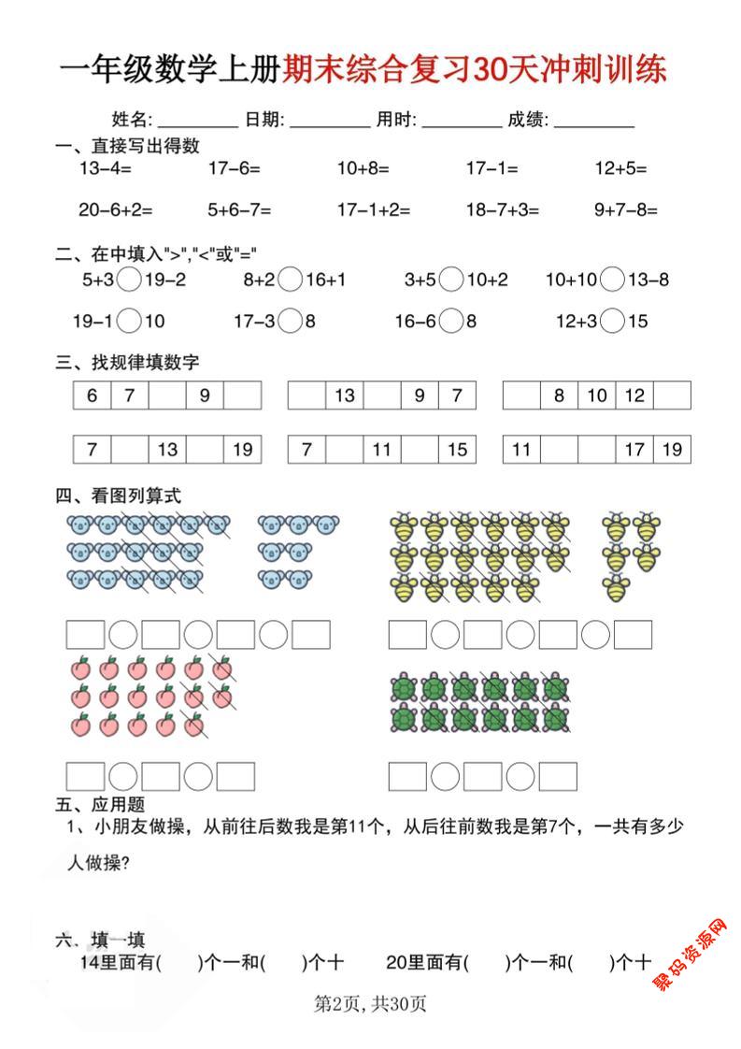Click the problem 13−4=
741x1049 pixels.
click(x=105, y=168)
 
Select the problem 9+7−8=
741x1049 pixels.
click(x=625, y=210)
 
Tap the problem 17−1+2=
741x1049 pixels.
click(x=373, y=210)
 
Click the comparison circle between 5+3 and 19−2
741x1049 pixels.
click(x=131, y=279)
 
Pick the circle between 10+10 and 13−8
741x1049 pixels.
click(x=613, y=279)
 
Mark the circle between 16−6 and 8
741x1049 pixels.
click(x=452, y=321)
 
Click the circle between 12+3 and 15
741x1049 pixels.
click(x=613, y=321)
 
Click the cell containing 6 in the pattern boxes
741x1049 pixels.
click(x=93, y=395)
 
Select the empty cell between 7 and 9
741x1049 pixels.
click(x=167, y=395)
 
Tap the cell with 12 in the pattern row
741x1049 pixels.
click(x=634, y=395)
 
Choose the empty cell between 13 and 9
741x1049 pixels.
click(x=382, y=395)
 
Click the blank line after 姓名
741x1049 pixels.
click(x=198, y=121)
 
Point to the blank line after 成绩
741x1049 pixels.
click(x=594, y=121)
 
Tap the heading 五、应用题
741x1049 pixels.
click(x=100, y=804)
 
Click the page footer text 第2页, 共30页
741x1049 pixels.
click(x=370, y=1005)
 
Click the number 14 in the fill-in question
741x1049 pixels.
click(x=91, y=962)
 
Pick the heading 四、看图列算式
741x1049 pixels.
click(x=119, y=496)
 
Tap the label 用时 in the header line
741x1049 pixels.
click(x=392, y=120)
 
